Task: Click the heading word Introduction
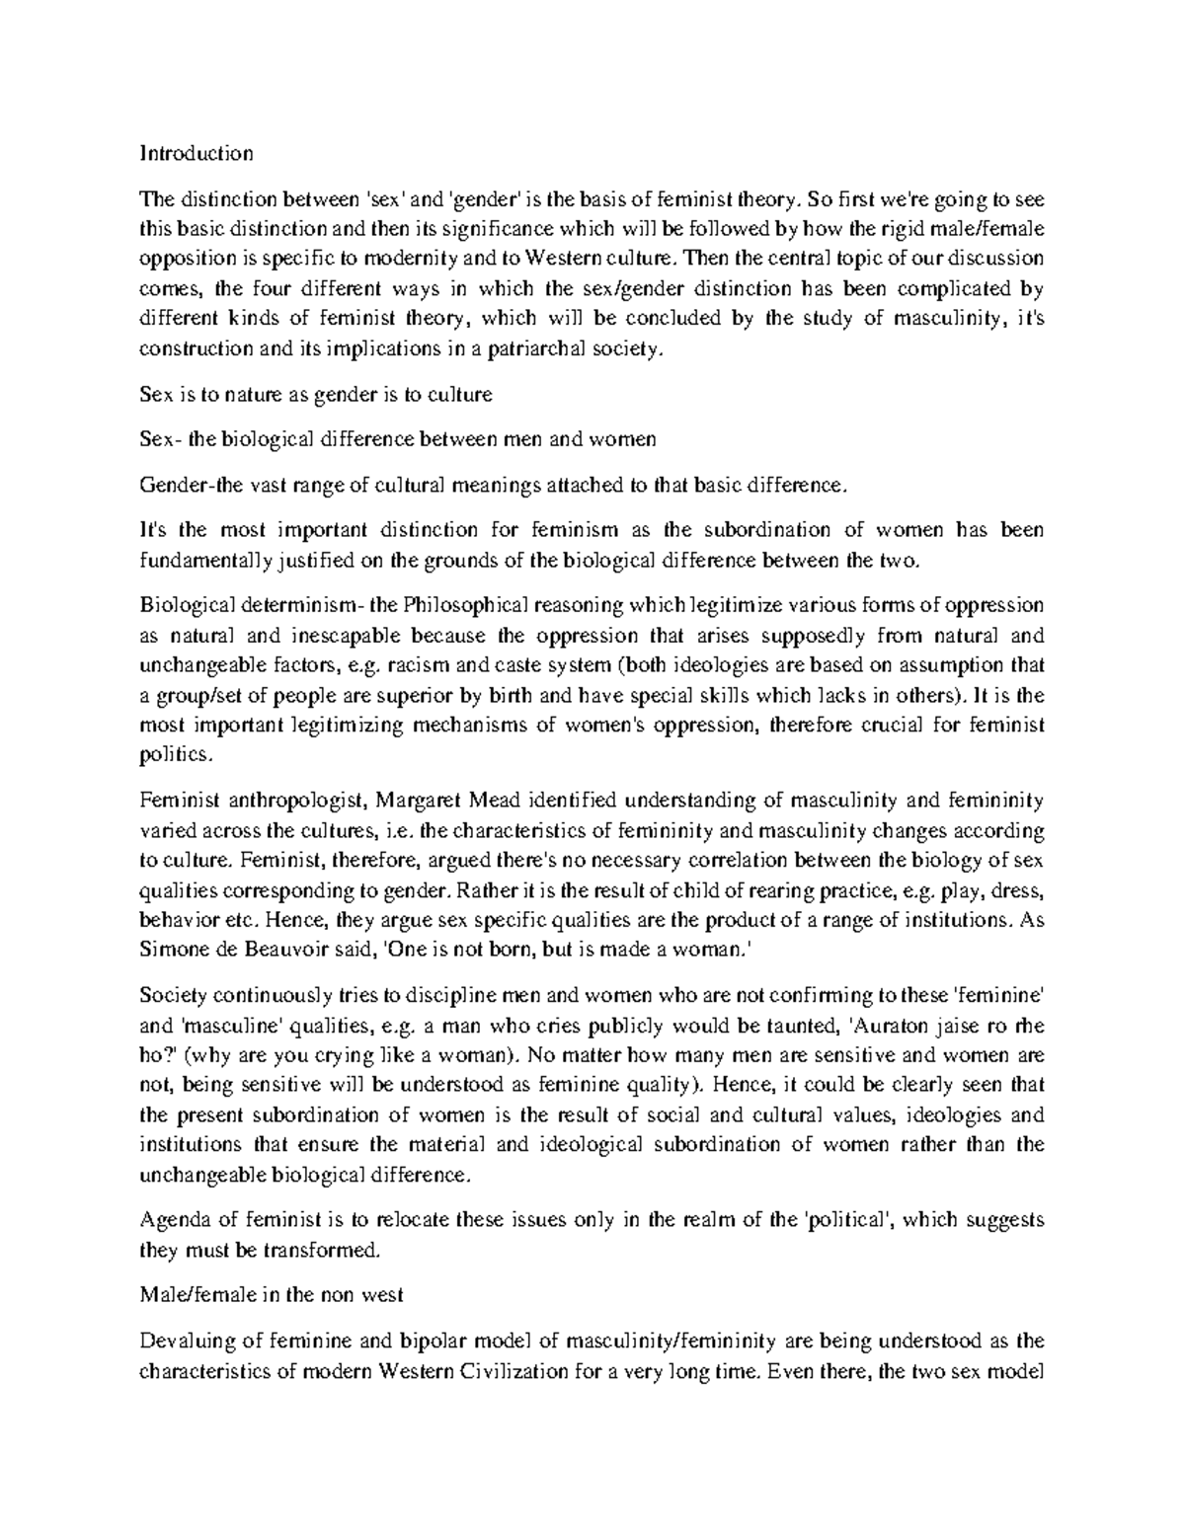pyautogui.click(x=197, y=153)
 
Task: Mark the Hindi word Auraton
pyautogui.click(x=884, y=1024)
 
